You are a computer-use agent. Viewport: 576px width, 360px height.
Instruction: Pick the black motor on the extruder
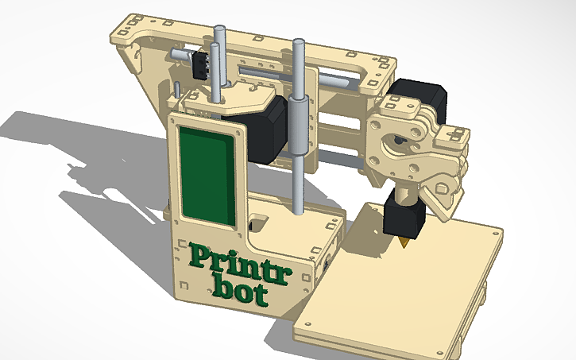[x=419, y=94]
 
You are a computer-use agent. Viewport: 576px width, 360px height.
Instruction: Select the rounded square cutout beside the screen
[x=258, y=219]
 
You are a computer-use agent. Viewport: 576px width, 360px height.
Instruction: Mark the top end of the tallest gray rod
[x=299, y=42]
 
